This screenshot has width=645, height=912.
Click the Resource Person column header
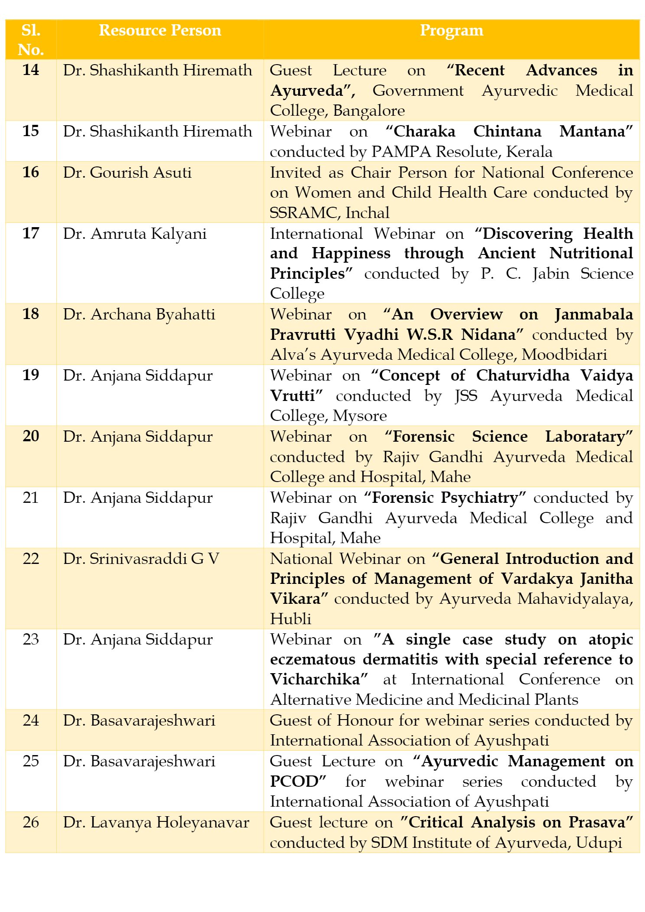[x=160, y=30]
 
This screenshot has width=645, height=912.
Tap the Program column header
[x=451, y=30]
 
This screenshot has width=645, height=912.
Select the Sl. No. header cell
[x=30, y=39]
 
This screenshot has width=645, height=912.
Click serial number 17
[x=31, y=233]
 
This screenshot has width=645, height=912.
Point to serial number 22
[x=31, y=558]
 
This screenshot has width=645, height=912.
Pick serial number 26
[x=31, y=822]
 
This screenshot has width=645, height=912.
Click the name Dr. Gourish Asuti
[x=127, y=173]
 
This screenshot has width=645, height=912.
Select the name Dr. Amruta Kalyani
[x=134, y=234]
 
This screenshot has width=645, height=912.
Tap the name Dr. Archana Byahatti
[x=139, y=314]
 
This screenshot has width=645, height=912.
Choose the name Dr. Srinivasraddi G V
[x=141, y=559]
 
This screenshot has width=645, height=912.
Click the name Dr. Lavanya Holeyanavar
[x=156, y=822]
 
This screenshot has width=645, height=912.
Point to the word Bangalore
[x=369, y=111]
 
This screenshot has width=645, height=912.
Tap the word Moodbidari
[x=564, y=355]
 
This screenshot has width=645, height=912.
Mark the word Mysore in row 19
[x=360, y=416]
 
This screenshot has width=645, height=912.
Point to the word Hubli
[x=290, y=619]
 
